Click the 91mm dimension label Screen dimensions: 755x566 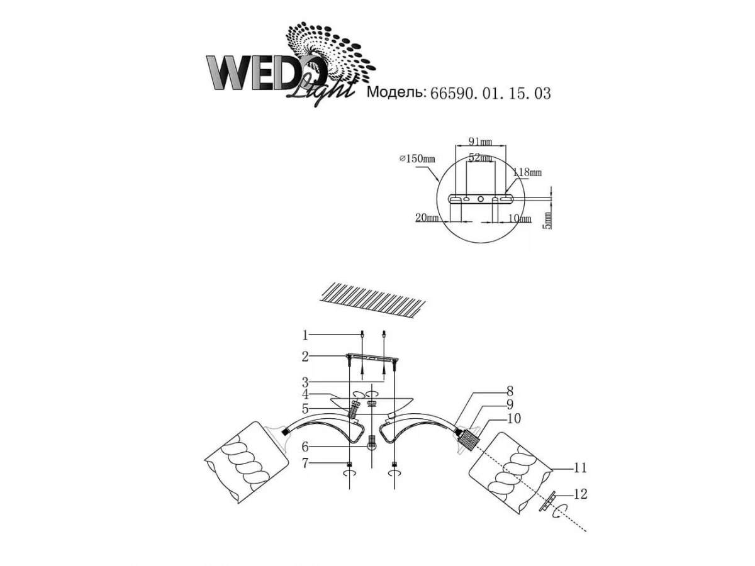(480, 141)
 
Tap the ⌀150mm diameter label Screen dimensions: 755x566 (417, 158)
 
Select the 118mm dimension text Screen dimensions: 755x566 (527, 172)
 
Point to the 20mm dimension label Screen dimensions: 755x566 (427, 218)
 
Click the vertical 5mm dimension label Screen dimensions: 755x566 (547, 220)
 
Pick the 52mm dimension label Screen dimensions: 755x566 (480, 158)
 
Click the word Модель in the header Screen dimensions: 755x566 (396, 92)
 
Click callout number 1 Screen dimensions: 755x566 (305, 335)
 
